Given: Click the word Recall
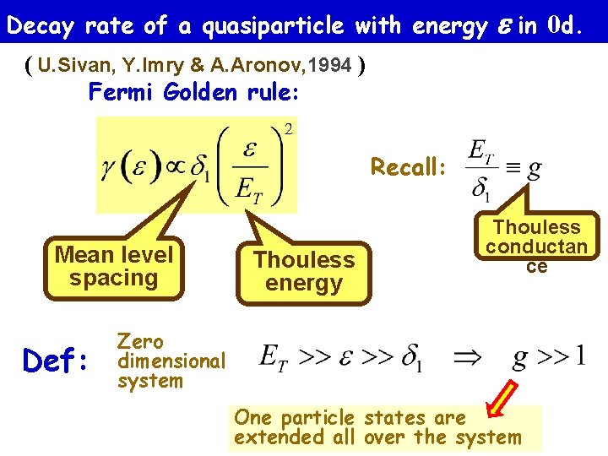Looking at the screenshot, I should [x=405, y=167].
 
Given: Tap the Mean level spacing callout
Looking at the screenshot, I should [x=113, y=267].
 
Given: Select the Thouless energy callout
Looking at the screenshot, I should [x=304, y=271].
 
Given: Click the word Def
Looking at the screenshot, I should [x=56, y=361].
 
